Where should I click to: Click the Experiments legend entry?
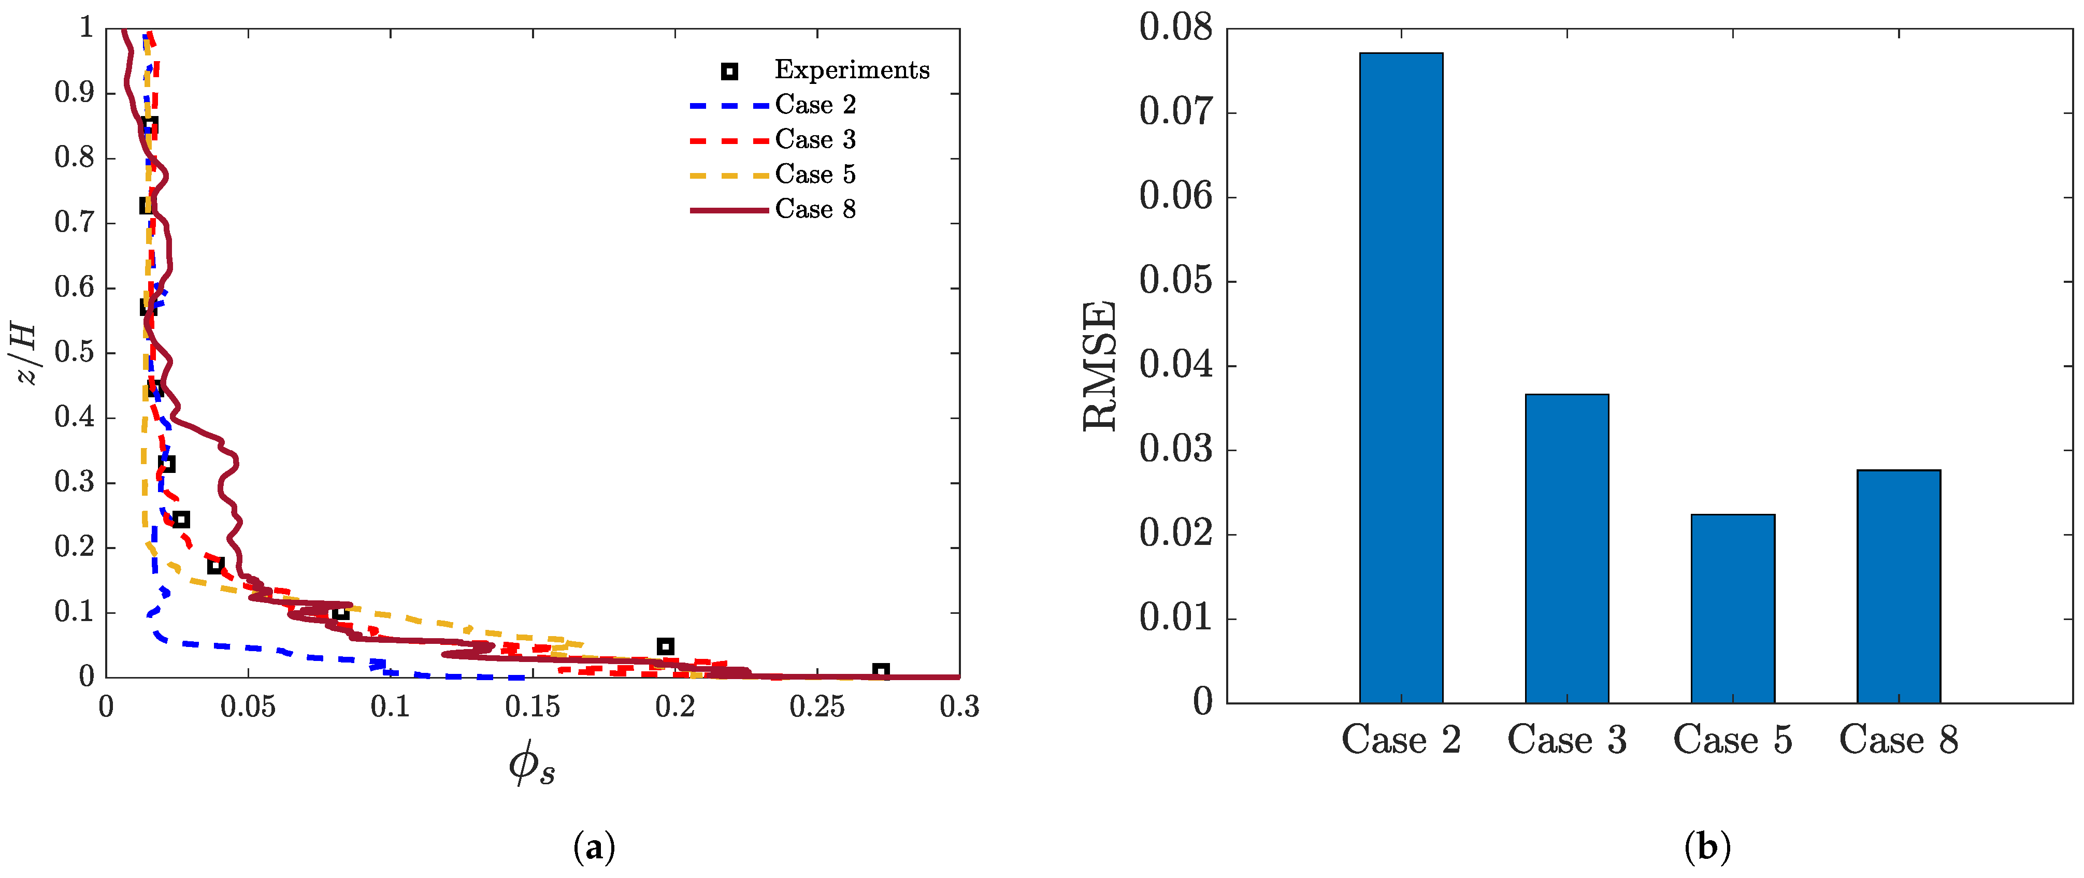tap(851, 70)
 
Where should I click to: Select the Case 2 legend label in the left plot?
tap(815, 105)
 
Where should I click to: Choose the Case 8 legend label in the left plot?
tap(815, 210)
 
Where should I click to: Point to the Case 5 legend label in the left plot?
tap(815, 175)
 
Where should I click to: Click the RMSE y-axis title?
tap(1100, 366)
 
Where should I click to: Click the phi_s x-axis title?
tap(531, 762)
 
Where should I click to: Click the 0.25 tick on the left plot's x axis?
tap(816, 707)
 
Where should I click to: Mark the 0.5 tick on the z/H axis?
tap(75, 353)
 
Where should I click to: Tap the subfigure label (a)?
tap(594, 847)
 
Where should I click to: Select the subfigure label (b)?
tap(1707, 847)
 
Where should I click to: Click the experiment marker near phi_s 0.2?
tap(665, 646)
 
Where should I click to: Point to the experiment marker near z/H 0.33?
tap(167, 464)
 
